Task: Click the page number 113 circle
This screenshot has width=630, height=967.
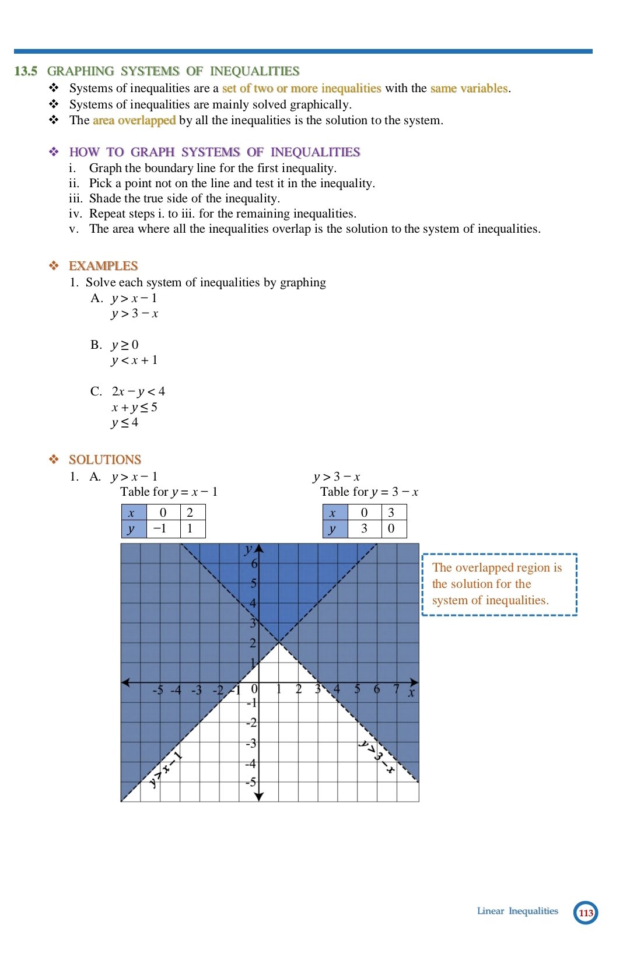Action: (586, 913)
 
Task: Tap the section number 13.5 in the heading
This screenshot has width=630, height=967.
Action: (26, 71)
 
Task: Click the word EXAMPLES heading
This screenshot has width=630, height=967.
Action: (103, 266)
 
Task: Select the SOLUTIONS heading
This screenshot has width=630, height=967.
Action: (105, 460)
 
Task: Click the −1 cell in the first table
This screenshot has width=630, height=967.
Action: (159, 529)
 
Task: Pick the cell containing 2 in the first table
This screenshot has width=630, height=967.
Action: (190, 513)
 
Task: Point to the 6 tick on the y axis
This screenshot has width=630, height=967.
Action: (254, 564)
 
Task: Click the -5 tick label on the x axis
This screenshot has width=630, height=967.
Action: (157, 691)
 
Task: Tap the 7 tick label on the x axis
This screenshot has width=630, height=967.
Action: (396, 689)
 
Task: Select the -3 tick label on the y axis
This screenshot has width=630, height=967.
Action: (251, 744)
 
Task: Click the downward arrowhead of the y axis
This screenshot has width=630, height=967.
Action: (260, 796)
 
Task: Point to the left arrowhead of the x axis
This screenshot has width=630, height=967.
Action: (125, 682)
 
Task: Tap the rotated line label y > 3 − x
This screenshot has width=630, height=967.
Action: (377, 756)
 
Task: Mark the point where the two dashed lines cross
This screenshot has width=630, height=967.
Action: (279, 642)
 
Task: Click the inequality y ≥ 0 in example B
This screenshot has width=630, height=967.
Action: (125, 345)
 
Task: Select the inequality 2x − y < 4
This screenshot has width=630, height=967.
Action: (138, 391)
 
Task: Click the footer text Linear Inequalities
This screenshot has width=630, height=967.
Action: (517, 911)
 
